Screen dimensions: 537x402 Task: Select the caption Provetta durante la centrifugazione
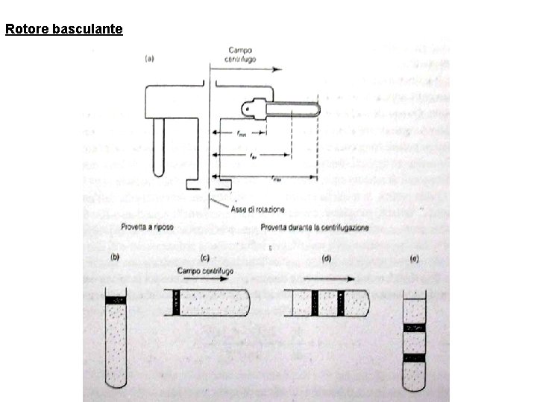(315, 226)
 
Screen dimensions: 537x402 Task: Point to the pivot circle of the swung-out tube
(247, 110)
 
